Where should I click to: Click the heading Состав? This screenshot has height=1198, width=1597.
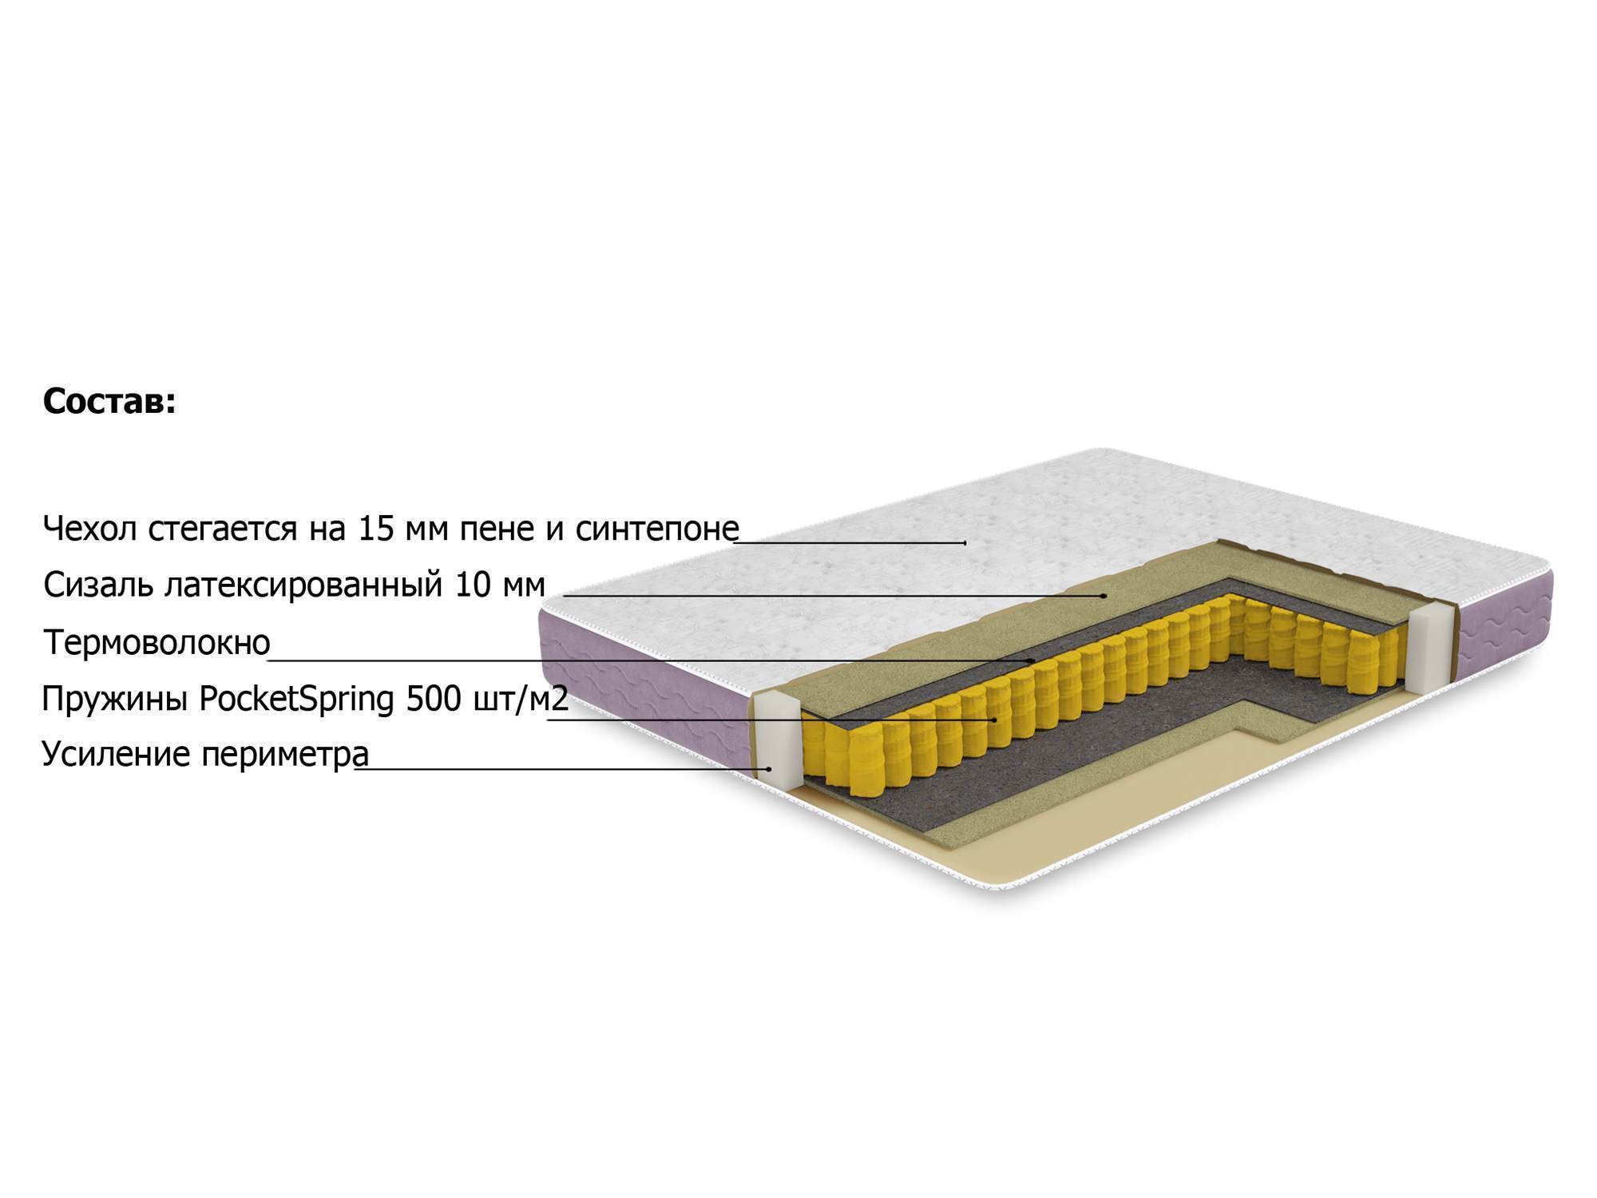tap(109, 402)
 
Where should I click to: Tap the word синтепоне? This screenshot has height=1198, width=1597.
tap(657, 529)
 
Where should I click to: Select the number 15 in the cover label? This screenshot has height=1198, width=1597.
tap(376, 528)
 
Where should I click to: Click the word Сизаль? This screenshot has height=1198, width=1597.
tap(99, 585)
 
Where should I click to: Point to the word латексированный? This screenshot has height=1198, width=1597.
tap(304, 585)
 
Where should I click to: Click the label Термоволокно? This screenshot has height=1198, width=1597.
tap(157, 642)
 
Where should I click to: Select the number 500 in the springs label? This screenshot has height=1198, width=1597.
tap(434, 699)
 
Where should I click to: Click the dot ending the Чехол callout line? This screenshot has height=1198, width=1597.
tap(965, 542)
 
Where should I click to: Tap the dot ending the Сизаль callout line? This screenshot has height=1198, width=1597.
tap(1104, 595)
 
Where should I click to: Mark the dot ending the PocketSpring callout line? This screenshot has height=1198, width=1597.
tap(994, 720)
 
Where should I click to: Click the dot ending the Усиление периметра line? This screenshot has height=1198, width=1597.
tap(769, 768)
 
